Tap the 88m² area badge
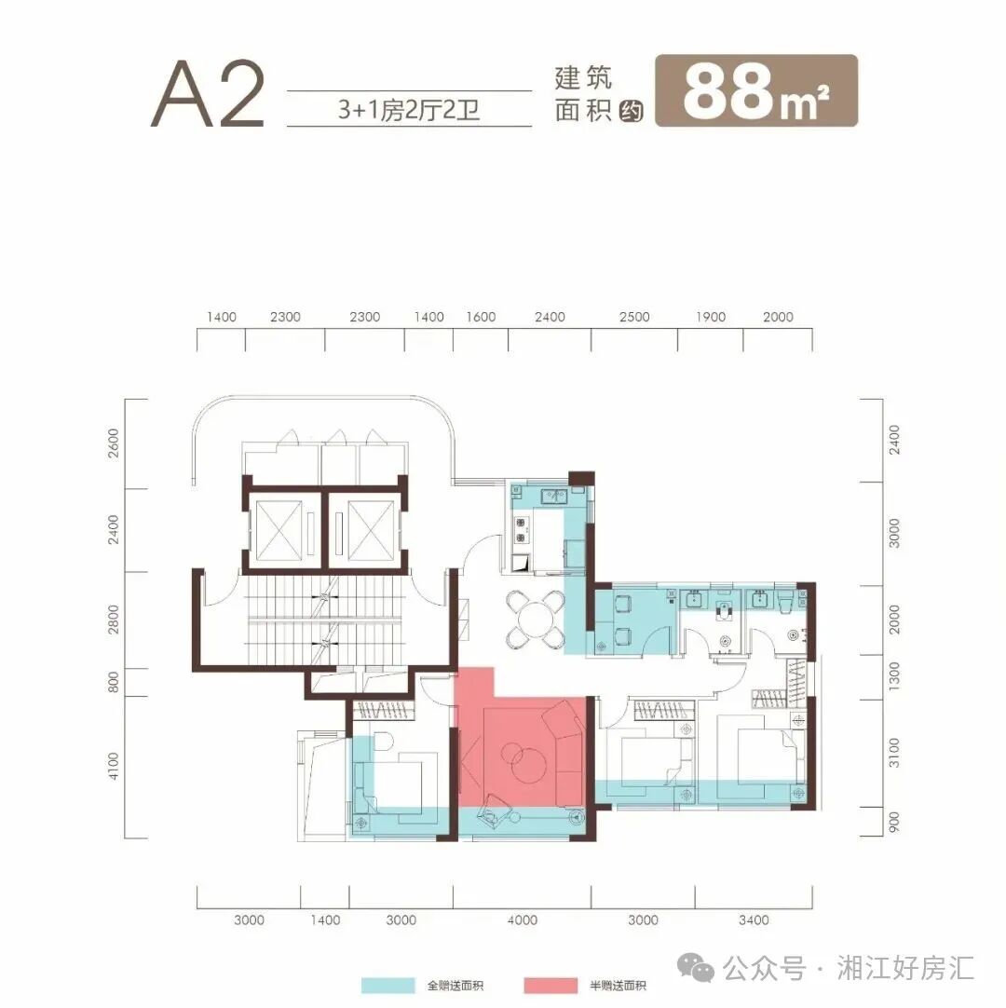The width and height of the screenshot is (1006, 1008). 755,90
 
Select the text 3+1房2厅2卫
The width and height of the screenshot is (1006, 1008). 409,108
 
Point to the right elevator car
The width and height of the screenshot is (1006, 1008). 363,526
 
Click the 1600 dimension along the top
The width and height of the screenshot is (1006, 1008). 481,317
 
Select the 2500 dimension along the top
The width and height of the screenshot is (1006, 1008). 634,317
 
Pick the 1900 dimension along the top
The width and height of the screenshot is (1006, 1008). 710,317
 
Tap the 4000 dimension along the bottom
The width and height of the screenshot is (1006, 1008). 523,920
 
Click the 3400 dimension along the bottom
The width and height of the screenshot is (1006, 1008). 754,920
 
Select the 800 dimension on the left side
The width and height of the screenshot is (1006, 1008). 114,682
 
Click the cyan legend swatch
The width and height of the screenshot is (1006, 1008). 387,986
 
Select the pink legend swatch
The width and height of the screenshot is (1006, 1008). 550,986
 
